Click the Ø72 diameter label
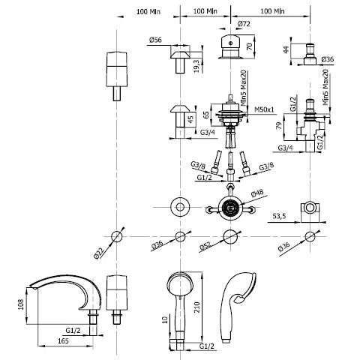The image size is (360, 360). coord(244,24)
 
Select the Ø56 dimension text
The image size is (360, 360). coord(155,40)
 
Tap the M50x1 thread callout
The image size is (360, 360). coord(264,109)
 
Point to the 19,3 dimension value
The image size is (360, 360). coord(197,65)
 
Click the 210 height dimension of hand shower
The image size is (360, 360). coord(197,307)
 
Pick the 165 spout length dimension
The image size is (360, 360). coord(63,340)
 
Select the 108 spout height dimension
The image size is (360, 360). coord(21,304)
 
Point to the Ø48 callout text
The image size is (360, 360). coord(257,193)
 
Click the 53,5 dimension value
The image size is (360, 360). coord(279,216)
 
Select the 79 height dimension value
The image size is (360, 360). coord(279,125)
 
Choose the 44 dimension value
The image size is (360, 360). coord(286,50)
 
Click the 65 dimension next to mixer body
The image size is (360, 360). coord(206,115)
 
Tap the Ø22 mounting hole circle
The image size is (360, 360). coord(117,236)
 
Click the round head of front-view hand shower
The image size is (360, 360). coord(180,284)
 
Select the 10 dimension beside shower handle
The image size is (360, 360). coord(165,319)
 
